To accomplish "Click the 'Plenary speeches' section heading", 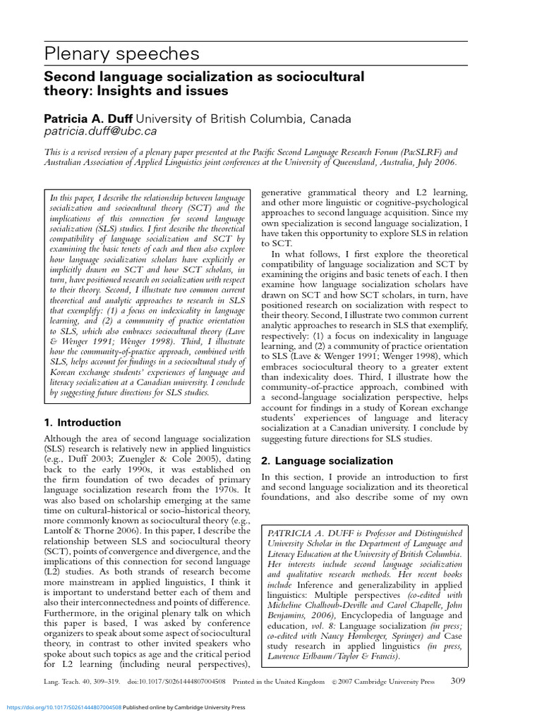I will click(122, 54).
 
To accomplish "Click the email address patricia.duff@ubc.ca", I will click(100, 131).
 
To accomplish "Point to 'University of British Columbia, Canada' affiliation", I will click(242, 118).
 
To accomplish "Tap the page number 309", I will click(458, 681).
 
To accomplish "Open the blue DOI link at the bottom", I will click(64, 707).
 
